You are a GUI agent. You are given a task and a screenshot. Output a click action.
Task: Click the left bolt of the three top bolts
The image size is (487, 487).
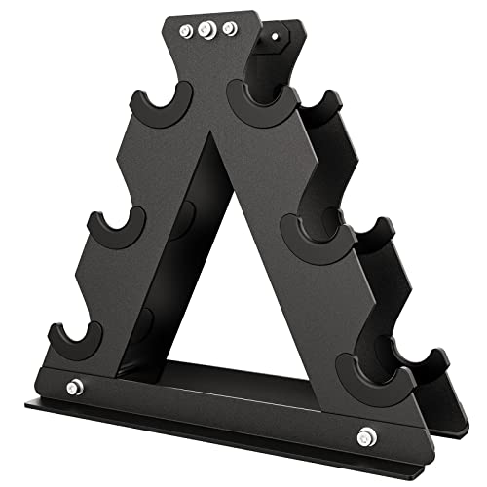tap(184, 31)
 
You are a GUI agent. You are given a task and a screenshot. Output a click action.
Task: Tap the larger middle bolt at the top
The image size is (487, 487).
tap(206, 29)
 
